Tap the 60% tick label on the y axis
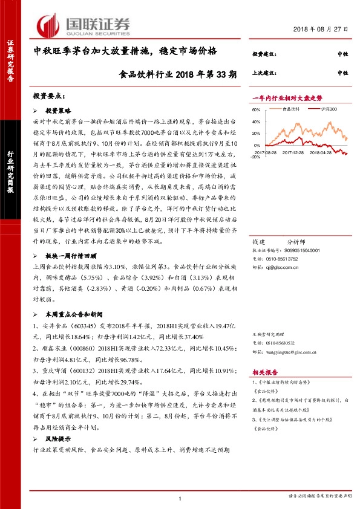click(256, 110)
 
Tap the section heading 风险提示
click(59, 439)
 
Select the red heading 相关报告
click(265, 374)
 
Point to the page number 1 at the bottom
click(180, 498)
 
